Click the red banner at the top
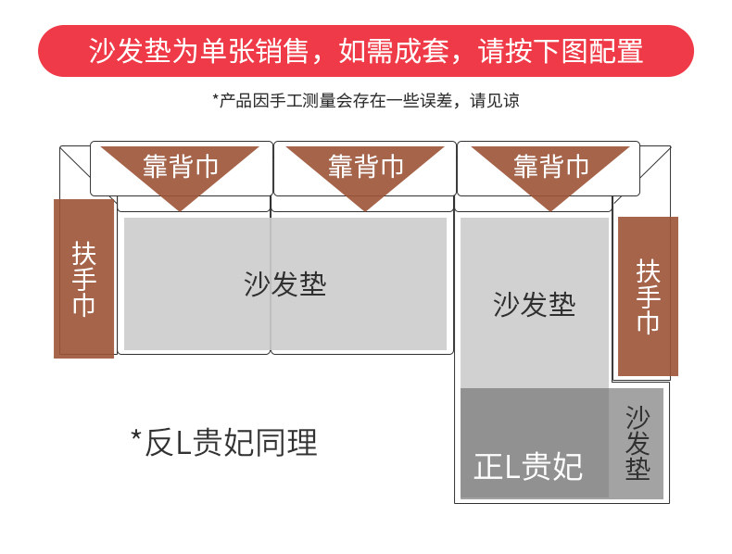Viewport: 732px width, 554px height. pyautogui.click(x=365, y=51)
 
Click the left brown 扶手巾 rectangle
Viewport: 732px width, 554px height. pyautogui.click(x=84, y=279)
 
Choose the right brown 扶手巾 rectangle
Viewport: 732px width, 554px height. pyautogui.click(x=648, y=296)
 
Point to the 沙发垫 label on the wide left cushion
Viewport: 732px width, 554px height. pyautogui.click(x=284, y=283)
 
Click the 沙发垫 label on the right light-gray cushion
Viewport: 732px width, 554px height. pyautogui.click(x=534, y=304)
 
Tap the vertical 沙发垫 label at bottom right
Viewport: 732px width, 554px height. pyautogui.click(x=637, y=443)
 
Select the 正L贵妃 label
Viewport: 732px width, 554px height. pyautogui.click(x=528, y=466)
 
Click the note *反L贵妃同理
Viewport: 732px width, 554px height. pyautogui.click(x=224, y=443)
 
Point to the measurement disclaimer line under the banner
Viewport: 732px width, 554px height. pyautogui.click(x=365, y=100)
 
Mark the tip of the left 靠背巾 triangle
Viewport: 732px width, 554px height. pyautogui.click(x=180, y=211)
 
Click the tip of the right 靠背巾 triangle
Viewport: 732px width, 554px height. pyautogui.click(x=550, y=211)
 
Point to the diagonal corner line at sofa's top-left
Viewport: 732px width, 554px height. pyautogui.click(x=76, y=162)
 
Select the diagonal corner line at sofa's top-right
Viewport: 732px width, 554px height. pyautogui.click(x=655, y=162)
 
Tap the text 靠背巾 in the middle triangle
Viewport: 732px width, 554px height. pyautogui.click(x=365, y=166)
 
